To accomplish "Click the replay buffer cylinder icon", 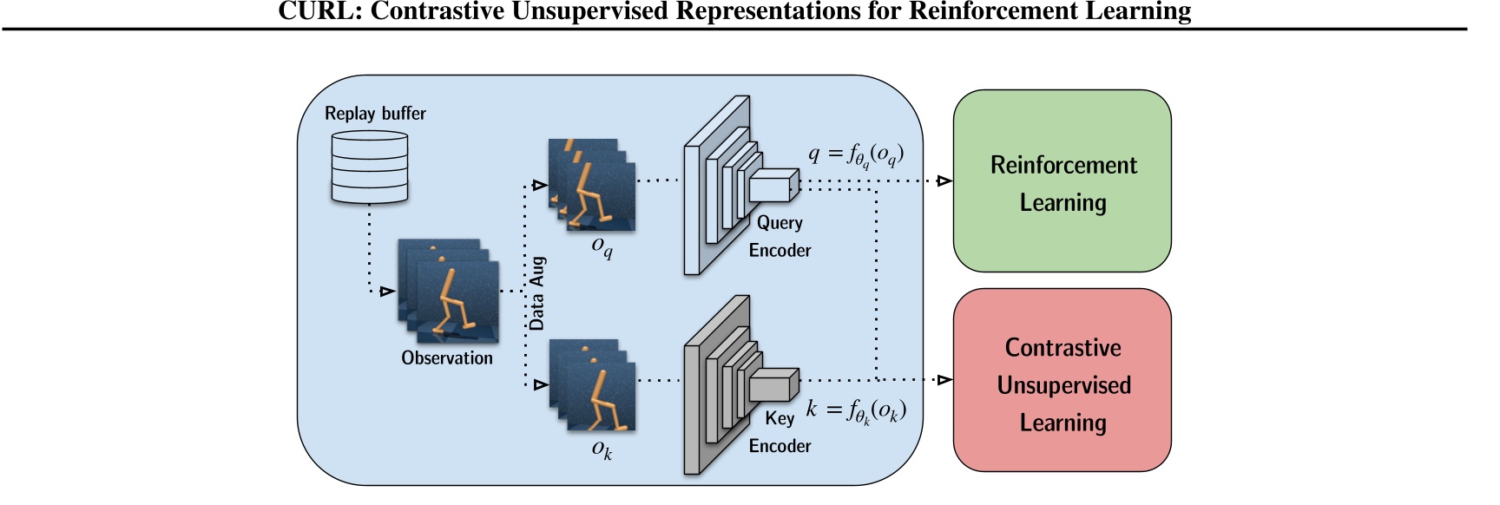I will point(370,167).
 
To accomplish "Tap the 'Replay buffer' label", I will point(375,114).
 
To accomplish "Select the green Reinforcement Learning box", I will point(1062,181).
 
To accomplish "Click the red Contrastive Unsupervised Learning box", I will point(1062,380).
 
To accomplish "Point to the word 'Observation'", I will point(446,357).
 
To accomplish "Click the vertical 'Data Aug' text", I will point(537,293).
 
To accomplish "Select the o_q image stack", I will point(591,185).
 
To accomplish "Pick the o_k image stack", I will point(591,384).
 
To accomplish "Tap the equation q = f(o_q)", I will point(856,155).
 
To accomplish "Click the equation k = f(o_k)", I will point(856,410).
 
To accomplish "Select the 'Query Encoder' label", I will point(780,236).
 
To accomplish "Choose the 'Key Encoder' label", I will point(780,432).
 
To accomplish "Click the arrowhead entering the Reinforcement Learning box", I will point(944,181).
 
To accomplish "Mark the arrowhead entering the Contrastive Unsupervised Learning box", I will point(944,379).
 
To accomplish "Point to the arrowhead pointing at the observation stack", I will point(387,292).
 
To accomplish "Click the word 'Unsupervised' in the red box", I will point(1063,385).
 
